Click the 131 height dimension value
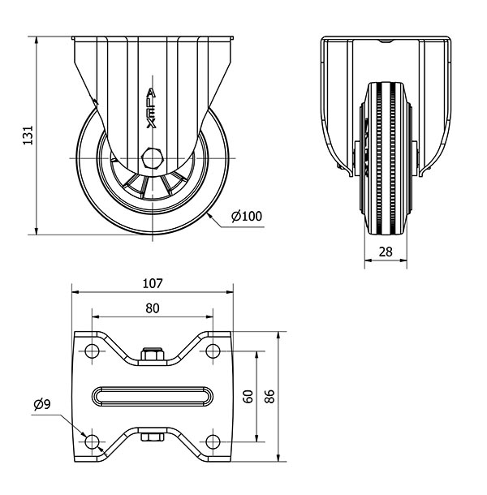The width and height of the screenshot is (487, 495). click(x=28, y=136)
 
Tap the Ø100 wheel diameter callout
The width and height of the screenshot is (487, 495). click(x=247, y=216)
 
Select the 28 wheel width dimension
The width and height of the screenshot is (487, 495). click(x=386, y=252)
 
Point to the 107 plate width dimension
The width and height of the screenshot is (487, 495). click(x=153, y=283)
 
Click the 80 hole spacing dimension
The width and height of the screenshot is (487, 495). click(x=153, y=308)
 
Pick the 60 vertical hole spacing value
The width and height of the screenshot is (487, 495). click(x=248, y=396)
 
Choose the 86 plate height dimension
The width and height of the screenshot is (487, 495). click(x=269, y=396)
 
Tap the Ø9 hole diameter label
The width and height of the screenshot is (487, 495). click(x=42, y=404)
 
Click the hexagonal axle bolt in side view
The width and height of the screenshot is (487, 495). click(x=153, y=158)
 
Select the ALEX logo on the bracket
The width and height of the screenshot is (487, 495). click(x=151, y=109)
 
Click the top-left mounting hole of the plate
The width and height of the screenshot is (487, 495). click(x=92, y=351)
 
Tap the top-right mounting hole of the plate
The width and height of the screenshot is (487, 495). click(x=213, y=351)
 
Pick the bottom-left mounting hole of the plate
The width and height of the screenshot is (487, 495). click(x=92, y=441)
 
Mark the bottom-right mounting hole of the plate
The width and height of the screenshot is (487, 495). click(x=213, y=441)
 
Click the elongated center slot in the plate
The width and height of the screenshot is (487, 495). click(x=153, y=396)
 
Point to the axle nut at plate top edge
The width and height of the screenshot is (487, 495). click(x=153, y=354)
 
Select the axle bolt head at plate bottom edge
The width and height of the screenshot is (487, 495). click(x=153, y=437)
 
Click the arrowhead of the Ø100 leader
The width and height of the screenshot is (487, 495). click(x=209, y=216)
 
